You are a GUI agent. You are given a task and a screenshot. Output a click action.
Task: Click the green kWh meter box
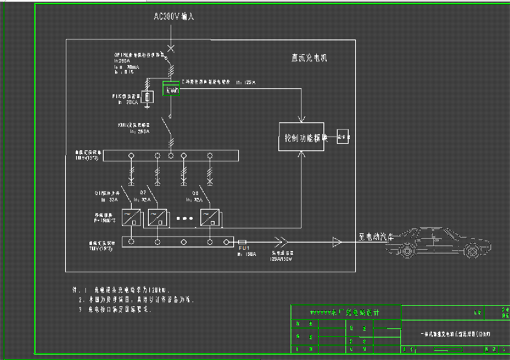pos(172,91)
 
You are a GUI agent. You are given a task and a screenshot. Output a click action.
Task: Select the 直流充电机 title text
pos(309,58)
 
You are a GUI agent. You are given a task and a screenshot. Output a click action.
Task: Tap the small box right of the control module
pos(343,138)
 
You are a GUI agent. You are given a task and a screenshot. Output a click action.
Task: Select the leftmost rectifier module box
pos(131,217)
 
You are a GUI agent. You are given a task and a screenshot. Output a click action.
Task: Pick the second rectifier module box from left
pos(158,217)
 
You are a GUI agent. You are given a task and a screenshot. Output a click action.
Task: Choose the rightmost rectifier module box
pos(210,217)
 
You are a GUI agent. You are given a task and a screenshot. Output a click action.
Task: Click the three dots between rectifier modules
pos(185,218)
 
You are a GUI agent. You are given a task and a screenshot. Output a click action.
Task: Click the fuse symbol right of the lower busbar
pos(243,242)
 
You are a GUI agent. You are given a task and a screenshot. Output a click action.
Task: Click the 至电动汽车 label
pos(376,237)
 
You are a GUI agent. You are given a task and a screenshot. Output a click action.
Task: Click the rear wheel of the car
pos(407,250)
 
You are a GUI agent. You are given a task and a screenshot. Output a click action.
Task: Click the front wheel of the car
pos(472,250)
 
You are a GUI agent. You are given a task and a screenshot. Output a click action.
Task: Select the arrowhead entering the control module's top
pos(302,120)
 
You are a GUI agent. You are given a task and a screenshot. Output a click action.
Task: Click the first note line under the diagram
pos(122,290)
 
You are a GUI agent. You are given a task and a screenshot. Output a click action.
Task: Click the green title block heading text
pos(344,312)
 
